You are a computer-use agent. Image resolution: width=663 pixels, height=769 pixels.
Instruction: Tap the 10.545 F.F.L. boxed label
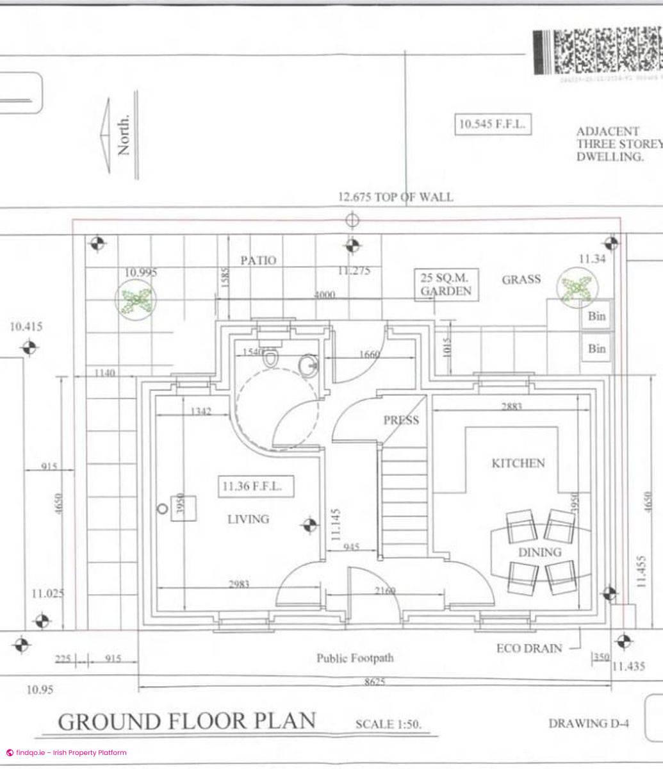(x=492, y=124)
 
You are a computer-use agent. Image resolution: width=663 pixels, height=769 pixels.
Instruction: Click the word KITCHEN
(x=518, y=463)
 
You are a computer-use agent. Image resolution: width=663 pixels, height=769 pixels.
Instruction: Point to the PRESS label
(x=401, y=420)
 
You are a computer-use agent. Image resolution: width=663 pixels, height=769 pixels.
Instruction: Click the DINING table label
(x=539, y=552)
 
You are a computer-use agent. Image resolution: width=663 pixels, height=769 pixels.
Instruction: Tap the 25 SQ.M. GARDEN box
(x=446, y=285)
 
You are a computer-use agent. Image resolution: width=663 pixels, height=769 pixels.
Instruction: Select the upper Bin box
(x=596, y=316)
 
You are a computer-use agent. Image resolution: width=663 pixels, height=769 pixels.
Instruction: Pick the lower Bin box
(x=596, y=349)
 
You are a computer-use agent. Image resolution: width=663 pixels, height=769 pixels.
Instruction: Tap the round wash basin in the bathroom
(x=308, y=365)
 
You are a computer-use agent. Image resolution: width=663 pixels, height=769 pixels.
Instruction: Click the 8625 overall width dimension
(x=375, y=682)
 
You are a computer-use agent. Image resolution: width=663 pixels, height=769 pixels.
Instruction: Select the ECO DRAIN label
(x=528, y=649)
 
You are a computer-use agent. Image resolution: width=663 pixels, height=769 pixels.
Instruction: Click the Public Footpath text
(x=355, y=658)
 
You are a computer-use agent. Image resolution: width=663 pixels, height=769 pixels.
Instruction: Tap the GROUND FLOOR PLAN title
(x=187, y=721)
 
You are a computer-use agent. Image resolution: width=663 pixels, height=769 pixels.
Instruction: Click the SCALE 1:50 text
(x=388, y=724)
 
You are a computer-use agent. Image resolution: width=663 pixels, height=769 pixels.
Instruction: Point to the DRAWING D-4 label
(x=588, y=724)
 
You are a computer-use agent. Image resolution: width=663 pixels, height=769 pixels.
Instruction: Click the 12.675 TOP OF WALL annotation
(x=395, y=197)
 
